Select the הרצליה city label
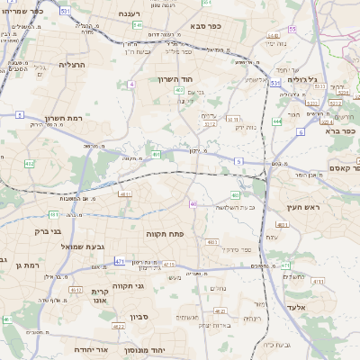[x=72, y=65]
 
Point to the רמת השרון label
[x=64, y=118]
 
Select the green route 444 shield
[x=278, y=121]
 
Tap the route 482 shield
[x=30, y=164]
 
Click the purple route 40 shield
[x=193, y=204]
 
